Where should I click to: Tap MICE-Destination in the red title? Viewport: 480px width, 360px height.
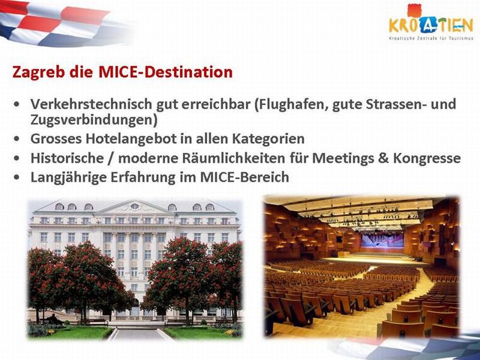click(166, 72)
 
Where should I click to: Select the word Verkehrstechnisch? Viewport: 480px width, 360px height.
click(91, 104)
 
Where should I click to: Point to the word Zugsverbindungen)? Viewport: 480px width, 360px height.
click(94, 120)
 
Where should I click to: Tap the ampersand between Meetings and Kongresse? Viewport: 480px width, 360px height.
click(384, 158)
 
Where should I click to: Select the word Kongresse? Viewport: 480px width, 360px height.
click(427, 158)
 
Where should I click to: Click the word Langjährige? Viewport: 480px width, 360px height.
click(69, 177)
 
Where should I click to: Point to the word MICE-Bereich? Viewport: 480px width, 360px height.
click(245, 177)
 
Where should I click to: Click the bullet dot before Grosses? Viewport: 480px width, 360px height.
click(17, 139)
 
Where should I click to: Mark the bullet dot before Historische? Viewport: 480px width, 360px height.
click(17, 158)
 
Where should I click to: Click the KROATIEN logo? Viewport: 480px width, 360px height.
click(431, 22)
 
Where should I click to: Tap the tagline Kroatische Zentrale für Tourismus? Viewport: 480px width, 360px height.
click(431, 39)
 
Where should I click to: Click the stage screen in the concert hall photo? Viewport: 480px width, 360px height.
click(382, 241)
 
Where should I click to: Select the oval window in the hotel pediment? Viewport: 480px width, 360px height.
click(134, 206)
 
